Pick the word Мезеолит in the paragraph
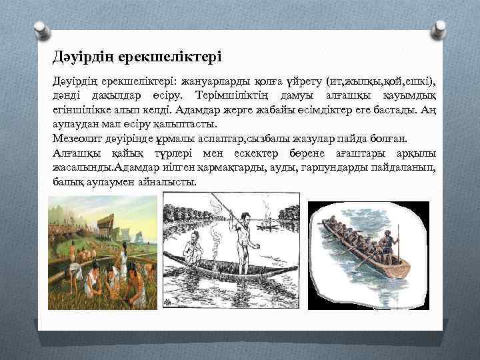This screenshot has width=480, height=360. tap(77, 139)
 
